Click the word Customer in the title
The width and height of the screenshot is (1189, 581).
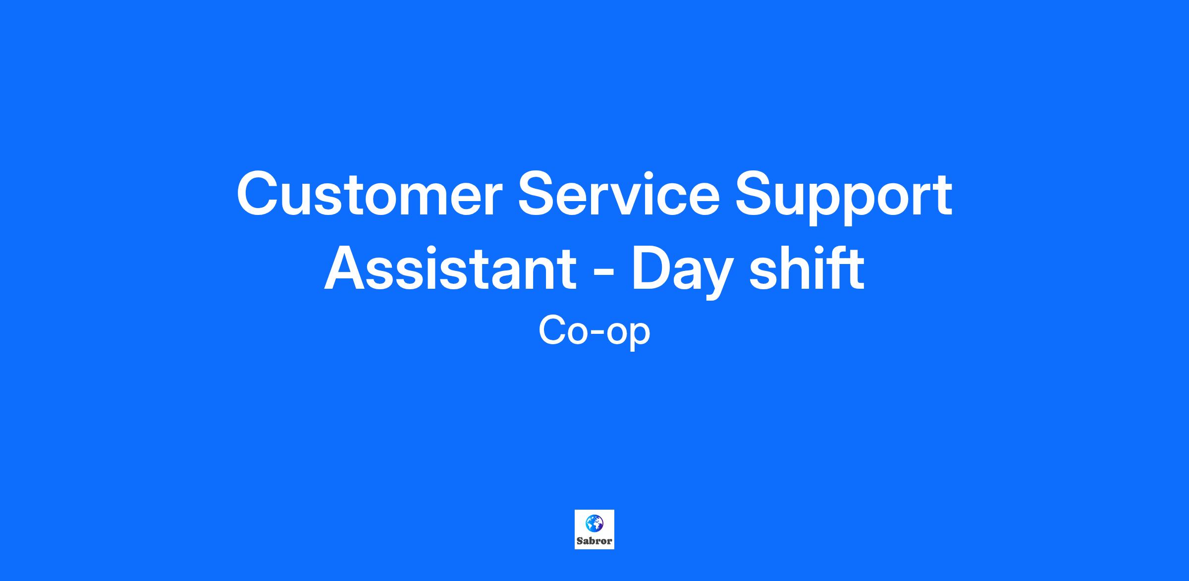(370, 194)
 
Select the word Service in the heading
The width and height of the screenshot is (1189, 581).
(619, 194)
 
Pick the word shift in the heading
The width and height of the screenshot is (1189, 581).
(807, 268)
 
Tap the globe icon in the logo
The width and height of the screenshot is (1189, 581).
(594, 523)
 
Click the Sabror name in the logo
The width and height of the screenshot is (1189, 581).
(594, 541)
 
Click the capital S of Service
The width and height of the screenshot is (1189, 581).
(539, 194)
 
